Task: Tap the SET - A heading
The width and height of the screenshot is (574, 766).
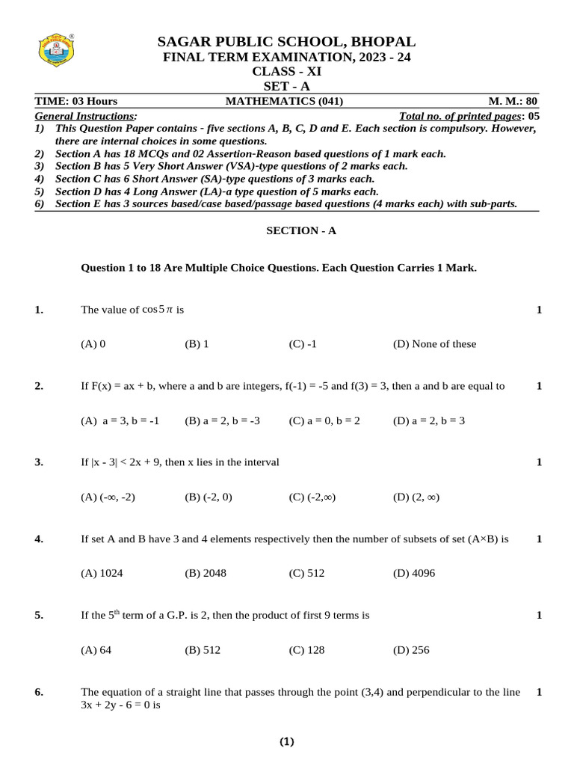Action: click(x=287, y=87)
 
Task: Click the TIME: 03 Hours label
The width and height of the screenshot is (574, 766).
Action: click(x=76, y=102)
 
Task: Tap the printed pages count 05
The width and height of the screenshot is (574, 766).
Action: click(x=533, y=116)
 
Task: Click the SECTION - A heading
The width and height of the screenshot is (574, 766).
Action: click(x=301, y=231)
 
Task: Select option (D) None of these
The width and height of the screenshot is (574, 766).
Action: click(x=434, y=344)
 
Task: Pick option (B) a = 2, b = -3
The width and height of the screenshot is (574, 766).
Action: click(x=222, y=421)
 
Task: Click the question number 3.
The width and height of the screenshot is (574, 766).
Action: click(x=39, y=462)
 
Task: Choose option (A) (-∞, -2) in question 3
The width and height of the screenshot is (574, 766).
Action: click(x=108, y=497)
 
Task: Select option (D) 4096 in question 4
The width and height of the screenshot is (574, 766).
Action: click(x=413, y=574)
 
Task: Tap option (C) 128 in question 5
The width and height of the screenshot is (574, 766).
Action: click(x=306, y=650)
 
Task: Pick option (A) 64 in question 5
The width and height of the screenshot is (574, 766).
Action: click(x=96, y=650)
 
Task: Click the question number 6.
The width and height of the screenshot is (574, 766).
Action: click(x=39, y=693)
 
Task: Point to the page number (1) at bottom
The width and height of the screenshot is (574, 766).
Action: click(x=287, y=742)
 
